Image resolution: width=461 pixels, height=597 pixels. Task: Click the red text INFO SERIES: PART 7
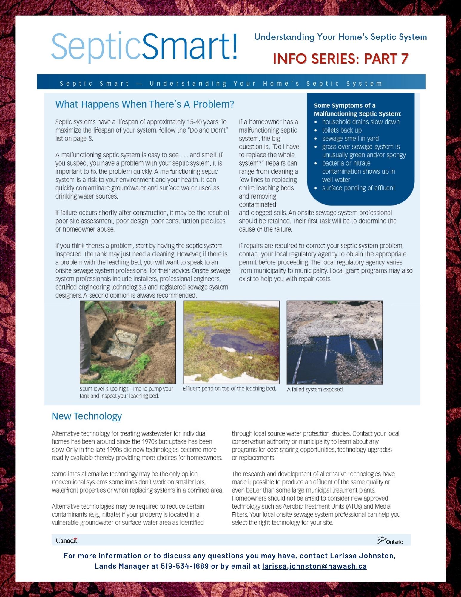(340, 59)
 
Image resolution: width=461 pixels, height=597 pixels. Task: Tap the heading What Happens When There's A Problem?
(145, 104)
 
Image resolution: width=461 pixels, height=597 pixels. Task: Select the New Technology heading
(87, 416)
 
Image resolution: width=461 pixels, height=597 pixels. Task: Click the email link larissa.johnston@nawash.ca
(314, 566)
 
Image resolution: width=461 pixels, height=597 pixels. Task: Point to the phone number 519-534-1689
(184, 566)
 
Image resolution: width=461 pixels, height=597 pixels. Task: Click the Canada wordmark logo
(66, 540)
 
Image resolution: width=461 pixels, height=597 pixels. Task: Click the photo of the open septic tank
(128, 342)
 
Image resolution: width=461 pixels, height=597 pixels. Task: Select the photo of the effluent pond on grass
(231, 342)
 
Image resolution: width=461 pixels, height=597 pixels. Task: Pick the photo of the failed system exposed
(334, 342)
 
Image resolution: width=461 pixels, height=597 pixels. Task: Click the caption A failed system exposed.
(315, 390)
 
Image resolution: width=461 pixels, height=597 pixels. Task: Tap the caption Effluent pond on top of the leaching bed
(229, 389)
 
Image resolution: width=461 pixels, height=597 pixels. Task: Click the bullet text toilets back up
(342, 130)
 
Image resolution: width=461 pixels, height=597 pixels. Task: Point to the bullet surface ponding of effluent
(358, 188)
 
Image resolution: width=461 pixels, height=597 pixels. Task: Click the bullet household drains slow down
(360, 122)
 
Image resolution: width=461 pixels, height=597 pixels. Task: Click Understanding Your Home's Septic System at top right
(340, 37)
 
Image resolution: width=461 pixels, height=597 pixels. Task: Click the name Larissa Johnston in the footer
(363, 556)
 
